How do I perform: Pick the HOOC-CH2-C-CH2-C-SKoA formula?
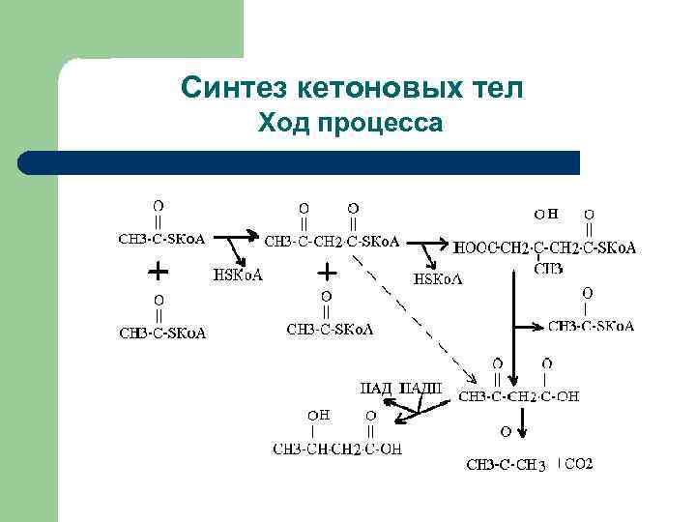point(544,248)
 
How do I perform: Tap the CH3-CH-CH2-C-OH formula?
point(337,449)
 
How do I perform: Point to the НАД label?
point(376,389)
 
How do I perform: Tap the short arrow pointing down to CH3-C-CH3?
point(524,423)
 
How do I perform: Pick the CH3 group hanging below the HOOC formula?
point(548,268)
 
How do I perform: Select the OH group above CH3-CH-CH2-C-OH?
point(319,415)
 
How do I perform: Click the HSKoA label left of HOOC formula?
point(438,279)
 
